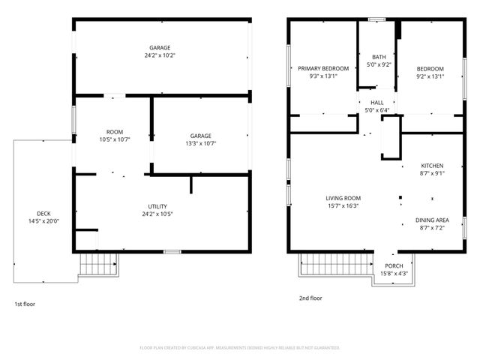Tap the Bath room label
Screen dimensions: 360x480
pyautogui.click(x=379, y=57)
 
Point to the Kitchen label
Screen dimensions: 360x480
pyautogui.click(x=432, y=166)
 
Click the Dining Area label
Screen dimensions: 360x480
pyautogui.click(x=432, y=220)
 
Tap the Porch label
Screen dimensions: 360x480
pyautogui.click(x=394, y=266)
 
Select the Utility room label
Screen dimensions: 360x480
pyautogui.click(x=157, y=207)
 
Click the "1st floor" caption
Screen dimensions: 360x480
pyautogui.click(x=25, y=304)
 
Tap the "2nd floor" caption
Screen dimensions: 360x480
pyautogui.click(x=310, y=298)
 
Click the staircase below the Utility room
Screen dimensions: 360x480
pyautogui.click(x=98, y=264)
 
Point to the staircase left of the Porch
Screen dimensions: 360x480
pyautogui.click(x=337, y=264)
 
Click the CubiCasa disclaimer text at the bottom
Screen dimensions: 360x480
pyautogui.click(x=240, y=347)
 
